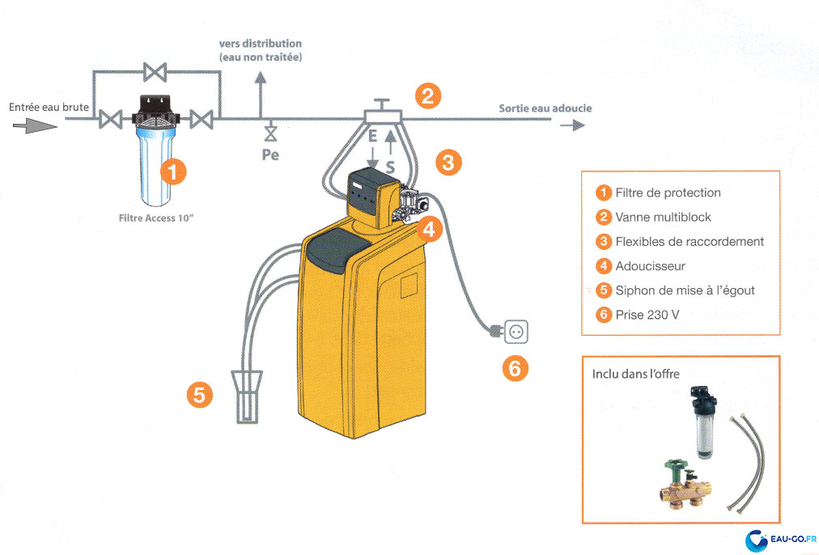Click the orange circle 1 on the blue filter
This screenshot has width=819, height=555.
click(x=173, y=171)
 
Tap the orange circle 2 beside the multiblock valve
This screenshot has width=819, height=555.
click(x=429, y=96)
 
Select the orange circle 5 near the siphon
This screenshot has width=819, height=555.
click(x=200, y=395)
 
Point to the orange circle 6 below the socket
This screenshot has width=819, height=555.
click(x=515, y=368)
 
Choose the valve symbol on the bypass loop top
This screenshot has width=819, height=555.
click(x=155, y=73)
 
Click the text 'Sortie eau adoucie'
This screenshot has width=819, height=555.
click(x=545, y=108)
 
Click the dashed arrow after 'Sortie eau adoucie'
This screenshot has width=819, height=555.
click(x=572, y=125)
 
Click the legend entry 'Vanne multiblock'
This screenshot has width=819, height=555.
click(x=663, y=217)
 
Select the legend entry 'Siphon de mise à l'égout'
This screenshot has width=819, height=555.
click(x=685, y=290)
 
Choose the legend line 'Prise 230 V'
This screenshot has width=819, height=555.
click(x=647, y=315)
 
